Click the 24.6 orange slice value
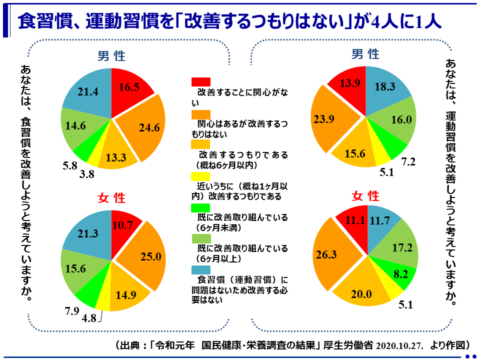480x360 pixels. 149,128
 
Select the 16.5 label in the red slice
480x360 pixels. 129,86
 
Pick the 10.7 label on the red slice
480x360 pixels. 122,225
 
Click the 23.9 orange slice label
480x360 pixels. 323,120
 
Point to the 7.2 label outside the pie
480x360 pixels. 408,162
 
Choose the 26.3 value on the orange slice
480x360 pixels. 326,254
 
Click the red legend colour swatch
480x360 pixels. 201,81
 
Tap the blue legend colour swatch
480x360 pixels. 201,269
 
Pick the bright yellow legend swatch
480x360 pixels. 201,176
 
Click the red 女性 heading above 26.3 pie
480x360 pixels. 365,196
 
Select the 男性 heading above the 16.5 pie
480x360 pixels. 111,56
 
